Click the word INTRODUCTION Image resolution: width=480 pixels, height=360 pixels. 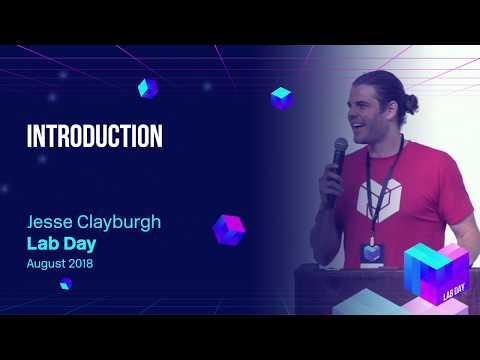coord(94,136)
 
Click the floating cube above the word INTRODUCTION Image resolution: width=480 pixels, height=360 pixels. coord(148,88)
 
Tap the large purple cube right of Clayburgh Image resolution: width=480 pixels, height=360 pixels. coord(229,229)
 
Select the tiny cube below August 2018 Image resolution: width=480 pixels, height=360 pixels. coord(65,284)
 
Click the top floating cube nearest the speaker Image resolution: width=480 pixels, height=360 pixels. coord(281,97)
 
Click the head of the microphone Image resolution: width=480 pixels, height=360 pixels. coord(340,148)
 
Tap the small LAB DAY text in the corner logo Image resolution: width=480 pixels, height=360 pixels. coord(453,290)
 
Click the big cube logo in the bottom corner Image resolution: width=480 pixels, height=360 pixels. coord(436,272)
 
